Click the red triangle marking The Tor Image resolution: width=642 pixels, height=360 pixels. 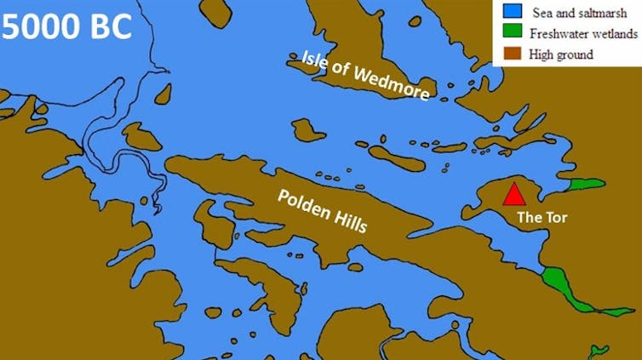(x=513, y=195)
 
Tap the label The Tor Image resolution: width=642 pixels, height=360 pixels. (x=542, y=218)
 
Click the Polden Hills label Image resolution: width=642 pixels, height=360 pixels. (x=323, y=210)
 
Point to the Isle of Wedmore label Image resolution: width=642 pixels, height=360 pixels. (x=365, y=75)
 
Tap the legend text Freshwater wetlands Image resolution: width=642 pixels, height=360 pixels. (x=583, y=34)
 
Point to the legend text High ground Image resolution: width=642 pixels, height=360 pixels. (x=561, y=54)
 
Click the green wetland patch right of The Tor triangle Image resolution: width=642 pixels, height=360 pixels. (x=585, y=185)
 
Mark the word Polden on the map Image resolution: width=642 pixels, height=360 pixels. (x=304, y=203)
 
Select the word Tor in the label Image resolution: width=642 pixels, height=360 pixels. (x=554, y=218)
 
